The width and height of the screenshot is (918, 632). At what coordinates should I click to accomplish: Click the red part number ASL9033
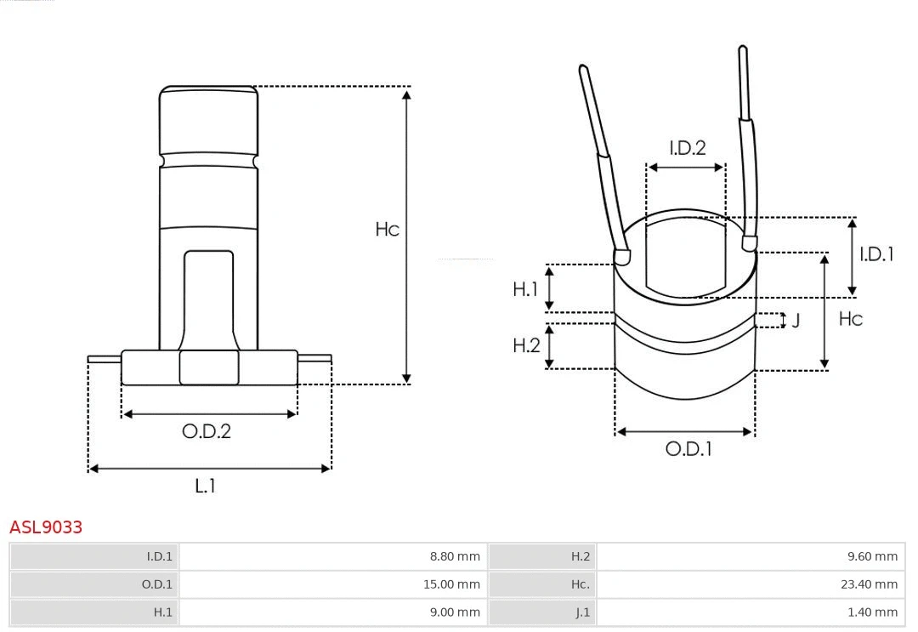coord(46,527)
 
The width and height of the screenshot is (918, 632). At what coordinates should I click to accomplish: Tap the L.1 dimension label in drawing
coord(205,486)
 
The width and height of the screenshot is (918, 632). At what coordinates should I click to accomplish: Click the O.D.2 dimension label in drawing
coord(207,431)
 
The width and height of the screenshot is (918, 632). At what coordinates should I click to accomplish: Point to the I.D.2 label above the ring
coord(687,148)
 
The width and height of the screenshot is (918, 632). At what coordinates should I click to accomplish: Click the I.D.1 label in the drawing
coord(876,253)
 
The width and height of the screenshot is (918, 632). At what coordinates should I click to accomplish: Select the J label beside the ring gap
coord(796,321)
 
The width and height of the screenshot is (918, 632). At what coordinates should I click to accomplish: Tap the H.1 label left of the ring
coord(525,289)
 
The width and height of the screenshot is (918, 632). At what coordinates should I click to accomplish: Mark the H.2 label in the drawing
coord(526,345)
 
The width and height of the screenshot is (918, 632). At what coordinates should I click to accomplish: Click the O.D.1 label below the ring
coord(688,449)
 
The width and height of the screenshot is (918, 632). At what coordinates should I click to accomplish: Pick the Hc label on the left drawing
coord(387,230)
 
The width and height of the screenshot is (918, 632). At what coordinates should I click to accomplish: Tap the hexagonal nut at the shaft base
coord(209,367)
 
